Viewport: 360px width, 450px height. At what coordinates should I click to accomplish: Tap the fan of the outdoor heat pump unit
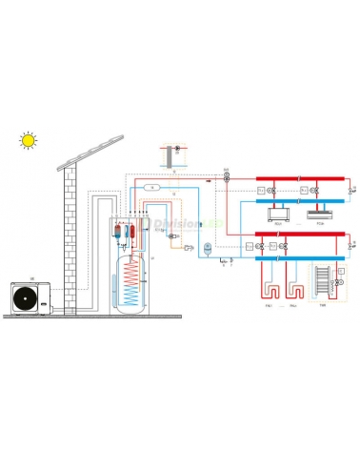point(25,297)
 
